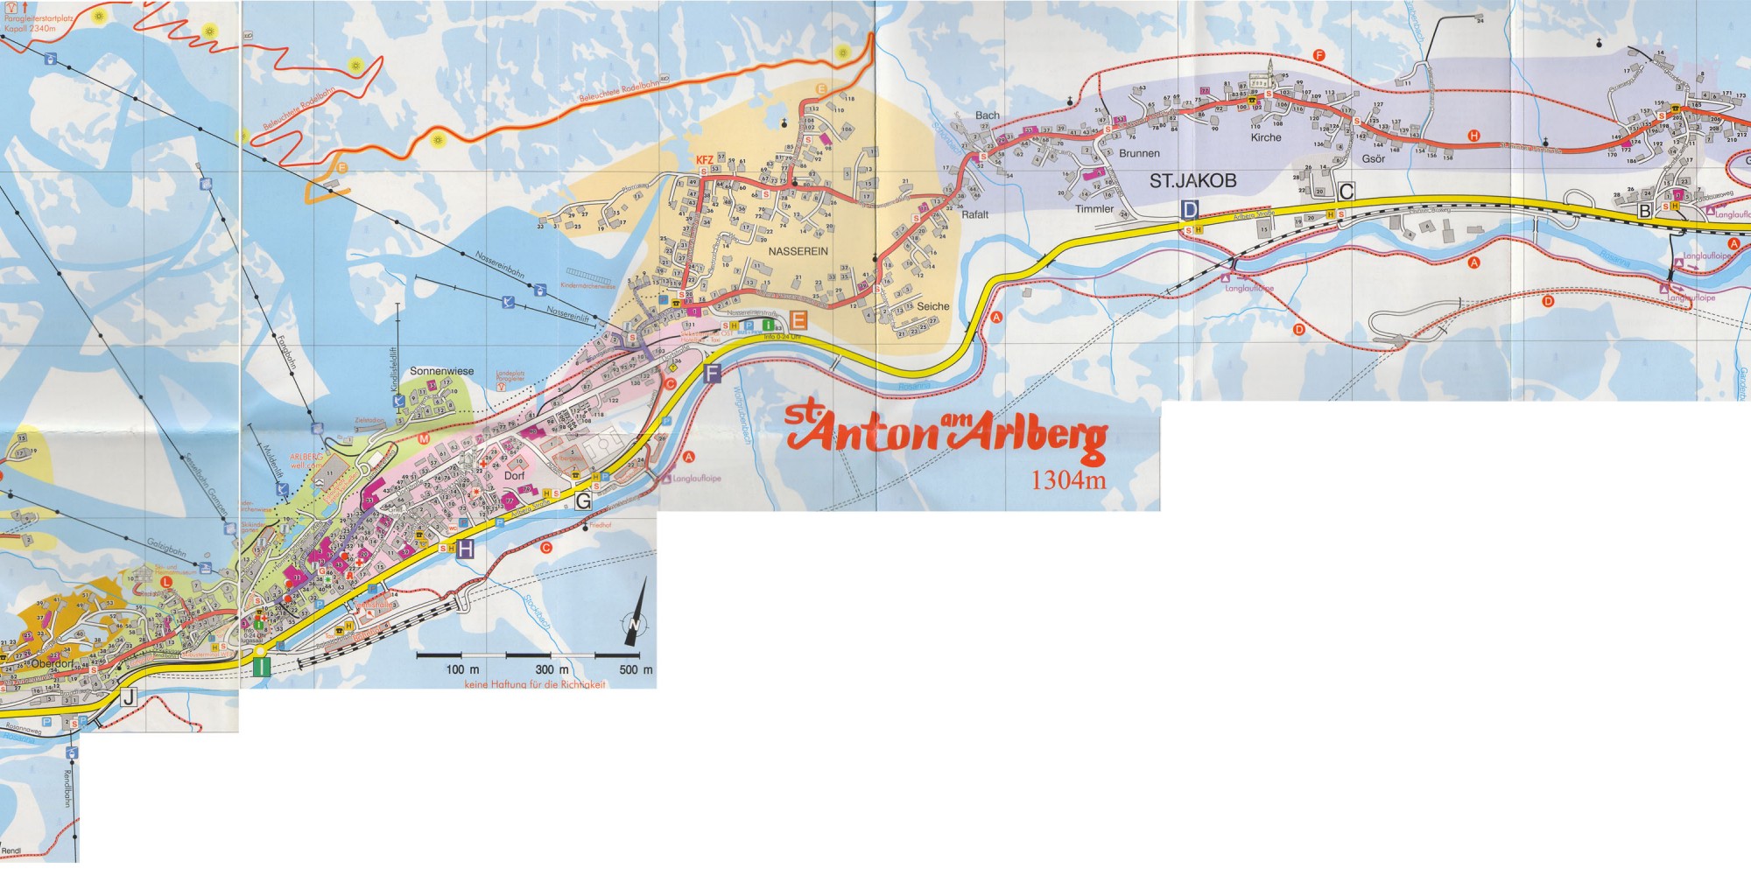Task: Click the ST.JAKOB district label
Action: tap(1192, 181)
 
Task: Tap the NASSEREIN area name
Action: tap(798, 251)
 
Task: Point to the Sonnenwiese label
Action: tap(441, 371)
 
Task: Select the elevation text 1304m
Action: tap(1068, 480)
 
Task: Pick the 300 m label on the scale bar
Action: tap(552, 669)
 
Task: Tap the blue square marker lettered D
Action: tap(1189, 210)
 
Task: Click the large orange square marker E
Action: tap(798, 319)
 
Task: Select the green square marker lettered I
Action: tap(261, 667)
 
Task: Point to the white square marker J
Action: tap(129, 697)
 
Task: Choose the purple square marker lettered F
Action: tap(711, 374)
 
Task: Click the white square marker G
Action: tap(583, 501)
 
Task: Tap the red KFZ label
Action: tap(704, 160)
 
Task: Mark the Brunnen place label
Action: tap(1139, 153)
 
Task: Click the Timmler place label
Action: tap(1094, 209)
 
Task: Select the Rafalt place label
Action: tap(974, 214)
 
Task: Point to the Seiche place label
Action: tap(932, 306)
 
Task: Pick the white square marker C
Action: tap(1347, 192)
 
